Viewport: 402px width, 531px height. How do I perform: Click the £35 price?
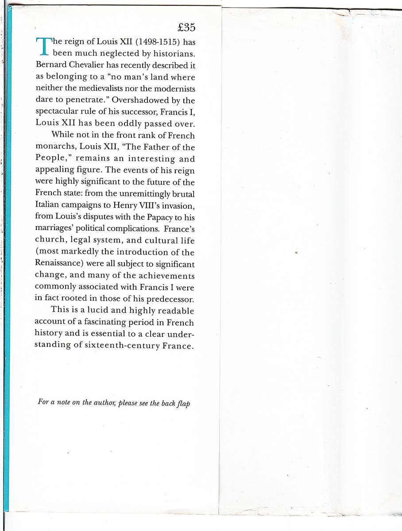click(186, 27)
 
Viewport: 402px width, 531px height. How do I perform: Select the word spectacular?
click(55, 112)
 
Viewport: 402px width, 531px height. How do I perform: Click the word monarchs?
click(52, 147)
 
